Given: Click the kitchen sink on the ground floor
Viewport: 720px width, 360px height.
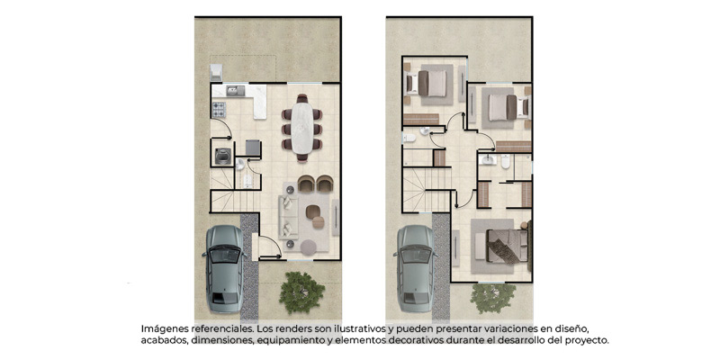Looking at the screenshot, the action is [236, 91].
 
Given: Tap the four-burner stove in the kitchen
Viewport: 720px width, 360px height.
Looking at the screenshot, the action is [219, 110].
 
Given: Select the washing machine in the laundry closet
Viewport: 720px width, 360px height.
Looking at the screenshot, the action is [223, 156].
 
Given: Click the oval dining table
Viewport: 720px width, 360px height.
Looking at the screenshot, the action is [302, 128].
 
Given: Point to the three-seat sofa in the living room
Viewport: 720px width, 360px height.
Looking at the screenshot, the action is [288, 217].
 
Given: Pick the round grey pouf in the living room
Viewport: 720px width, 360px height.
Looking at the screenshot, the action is [309, 247].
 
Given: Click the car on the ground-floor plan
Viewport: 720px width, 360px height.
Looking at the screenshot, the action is [224, 268].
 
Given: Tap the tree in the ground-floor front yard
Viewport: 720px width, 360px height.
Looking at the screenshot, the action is [301, 292].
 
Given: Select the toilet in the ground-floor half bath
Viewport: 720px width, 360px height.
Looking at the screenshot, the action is [248, 181].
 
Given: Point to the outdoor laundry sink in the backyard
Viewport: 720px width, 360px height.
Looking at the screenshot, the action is [216, 73].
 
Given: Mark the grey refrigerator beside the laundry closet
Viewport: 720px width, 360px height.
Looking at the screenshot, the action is [253, 148].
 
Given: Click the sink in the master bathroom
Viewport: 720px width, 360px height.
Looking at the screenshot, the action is [487, 159].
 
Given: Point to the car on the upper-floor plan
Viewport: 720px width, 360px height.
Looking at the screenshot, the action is [416, 268].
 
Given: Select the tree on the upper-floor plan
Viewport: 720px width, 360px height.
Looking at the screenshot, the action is [493, 298].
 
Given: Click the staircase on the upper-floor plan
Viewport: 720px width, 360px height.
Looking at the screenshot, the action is [426, 190].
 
